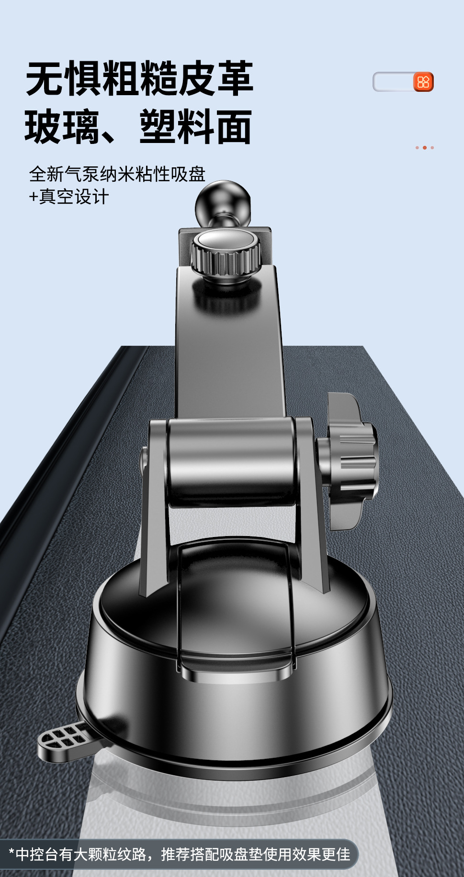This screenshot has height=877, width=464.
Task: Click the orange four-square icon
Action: [x=423, y=82]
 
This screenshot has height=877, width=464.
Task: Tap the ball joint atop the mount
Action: [x=223, y=203]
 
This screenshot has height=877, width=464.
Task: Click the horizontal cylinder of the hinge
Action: [x=231, y=461]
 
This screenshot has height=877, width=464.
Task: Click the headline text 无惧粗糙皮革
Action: [x=139, y=78]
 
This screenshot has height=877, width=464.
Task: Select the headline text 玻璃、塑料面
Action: [x=138, y=127]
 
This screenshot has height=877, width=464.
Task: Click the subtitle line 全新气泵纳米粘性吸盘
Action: [x=117, y=174]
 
